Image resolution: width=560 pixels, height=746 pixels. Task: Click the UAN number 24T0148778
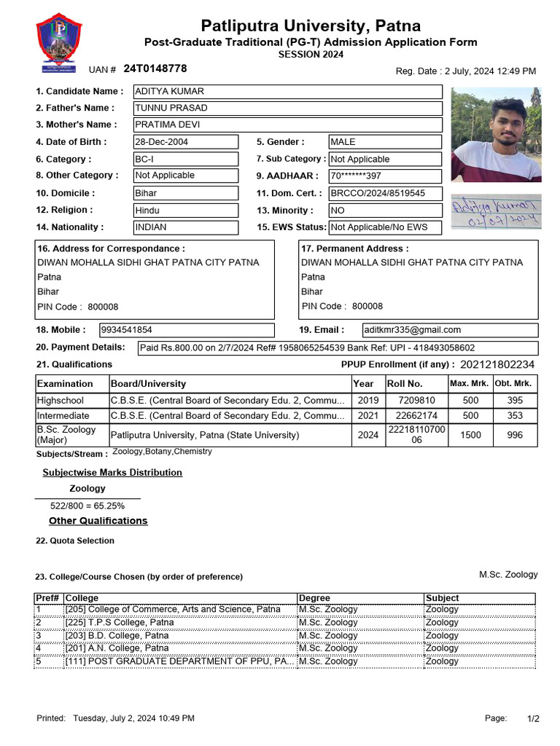(155, 68)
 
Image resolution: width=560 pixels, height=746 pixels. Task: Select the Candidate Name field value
(287, 92)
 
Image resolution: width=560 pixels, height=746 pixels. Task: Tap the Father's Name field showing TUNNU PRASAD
(287, 109)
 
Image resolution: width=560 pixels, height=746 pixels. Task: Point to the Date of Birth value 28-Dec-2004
(185, 142)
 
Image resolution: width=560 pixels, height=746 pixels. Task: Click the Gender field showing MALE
(384, 142)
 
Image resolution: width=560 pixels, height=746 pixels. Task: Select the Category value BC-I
(185, 159)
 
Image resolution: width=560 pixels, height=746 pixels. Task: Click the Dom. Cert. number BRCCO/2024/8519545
(384, 193)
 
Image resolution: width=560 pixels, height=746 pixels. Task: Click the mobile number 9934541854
(186, 330)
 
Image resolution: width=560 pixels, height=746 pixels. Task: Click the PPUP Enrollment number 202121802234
(497, 364)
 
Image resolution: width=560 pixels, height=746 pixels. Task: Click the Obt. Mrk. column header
(513, 384)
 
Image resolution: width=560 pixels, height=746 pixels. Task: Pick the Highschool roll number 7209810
(416, 401)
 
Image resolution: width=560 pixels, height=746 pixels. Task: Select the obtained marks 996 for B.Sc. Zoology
(514, 435)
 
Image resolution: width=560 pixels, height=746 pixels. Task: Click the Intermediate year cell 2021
(363, 416)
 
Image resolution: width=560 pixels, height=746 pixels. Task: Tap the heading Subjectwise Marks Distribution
(112, 473)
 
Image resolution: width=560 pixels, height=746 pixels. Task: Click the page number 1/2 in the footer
(533, 719)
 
